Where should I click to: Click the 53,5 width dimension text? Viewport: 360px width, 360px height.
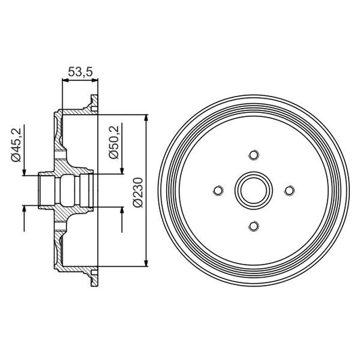(x=80, y=70)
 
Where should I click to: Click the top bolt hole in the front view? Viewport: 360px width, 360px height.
(x=253, y=155)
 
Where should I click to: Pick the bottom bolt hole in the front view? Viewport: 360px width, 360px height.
(x=253, y=226)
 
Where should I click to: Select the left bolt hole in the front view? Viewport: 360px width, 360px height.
(x=217, y=190)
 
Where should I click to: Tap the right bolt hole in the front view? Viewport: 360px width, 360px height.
(x=288, y=190)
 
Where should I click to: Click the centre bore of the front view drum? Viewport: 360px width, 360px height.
(x=253, y=190)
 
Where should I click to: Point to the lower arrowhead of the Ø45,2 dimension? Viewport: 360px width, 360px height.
(x=25, y=209)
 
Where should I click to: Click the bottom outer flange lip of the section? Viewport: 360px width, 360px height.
(x=92, y=278)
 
